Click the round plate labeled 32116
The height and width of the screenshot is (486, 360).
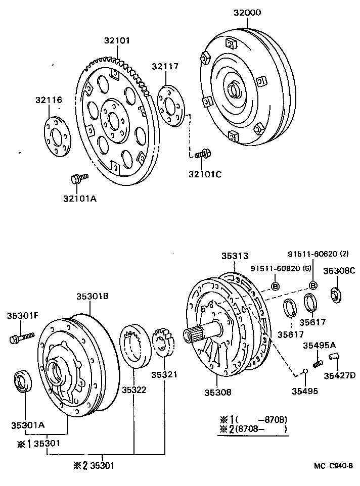point(57,137)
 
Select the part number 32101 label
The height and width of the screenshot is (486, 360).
point(117,40)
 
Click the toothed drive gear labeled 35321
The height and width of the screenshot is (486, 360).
point(164,342)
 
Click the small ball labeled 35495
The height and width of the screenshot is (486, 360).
point(305,373)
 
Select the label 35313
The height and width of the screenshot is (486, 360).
point(235,256)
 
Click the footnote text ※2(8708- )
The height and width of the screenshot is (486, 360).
point(253,429)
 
